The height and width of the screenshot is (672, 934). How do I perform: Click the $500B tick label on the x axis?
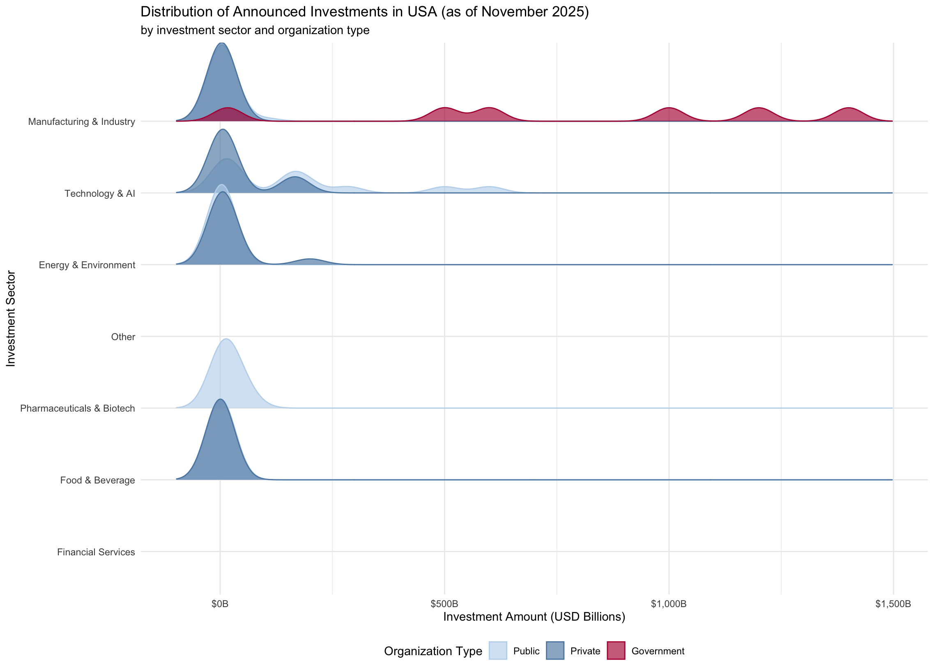[444, 604]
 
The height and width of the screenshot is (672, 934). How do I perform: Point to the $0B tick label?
[220, 604]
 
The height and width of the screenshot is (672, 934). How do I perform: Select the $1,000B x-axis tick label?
[669, 604]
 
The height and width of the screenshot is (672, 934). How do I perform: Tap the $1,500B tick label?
[893, 604]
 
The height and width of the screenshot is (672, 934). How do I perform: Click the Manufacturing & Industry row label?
[82, 122]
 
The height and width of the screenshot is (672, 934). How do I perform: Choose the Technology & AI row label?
[100, 193]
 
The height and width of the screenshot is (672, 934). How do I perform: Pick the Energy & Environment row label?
[87, 265]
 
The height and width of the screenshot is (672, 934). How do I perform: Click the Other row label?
[123, 337]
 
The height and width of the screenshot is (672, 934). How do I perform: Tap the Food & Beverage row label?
[97, 480]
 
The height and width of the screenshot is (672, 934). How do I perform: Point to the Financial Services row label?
[96, 552]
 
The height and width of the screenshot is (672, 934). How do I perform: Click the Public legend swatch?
[498, 651]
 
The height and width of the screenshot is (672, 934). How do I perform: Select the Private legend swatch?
[555, 651]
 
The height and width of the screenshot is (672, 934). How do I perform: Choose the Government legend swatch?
[616, 651]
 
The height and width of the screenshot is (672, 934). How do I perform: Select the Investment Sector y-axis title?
[11, 318]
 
